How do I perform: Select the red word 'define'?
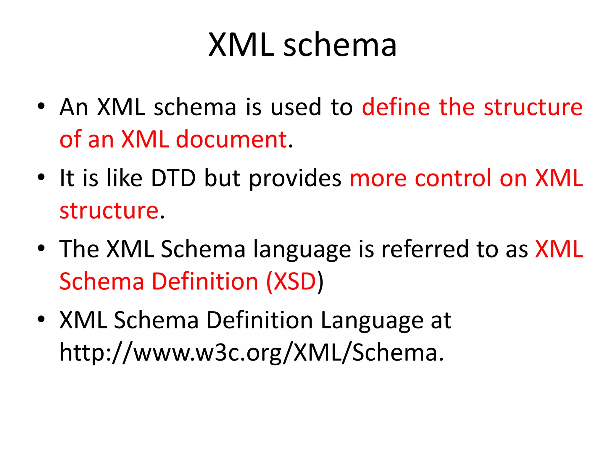pos(396,107)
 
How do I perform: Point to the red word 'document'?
pos(231,139)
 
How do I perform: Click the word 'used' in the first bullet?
pos(296,107)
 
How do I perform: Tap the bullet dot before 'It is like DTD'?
pos(41,177)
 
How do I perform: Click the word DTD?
pos(173,178)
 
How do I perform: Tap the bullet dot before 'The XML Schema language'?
pos(41,248)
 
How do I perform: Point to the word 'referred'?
pos(425,249)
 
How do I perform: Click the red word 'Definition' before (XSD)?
pos(205,281)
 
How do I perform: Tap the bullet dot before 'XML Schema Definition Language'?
pos(41,319)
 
